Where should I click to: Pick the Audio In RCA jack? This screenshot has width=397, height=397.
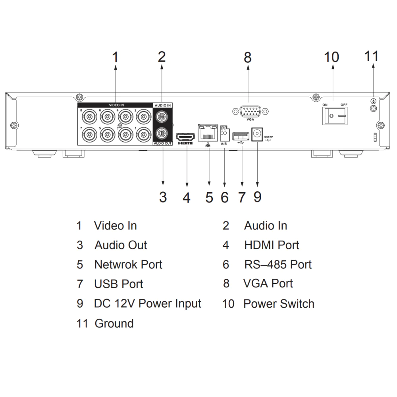tap(162, 117)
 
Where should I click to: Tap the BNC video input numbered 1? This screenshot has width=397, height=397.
tap(143, 136)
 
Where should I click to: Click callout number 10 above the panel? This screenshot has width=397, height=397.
tap(331, 57)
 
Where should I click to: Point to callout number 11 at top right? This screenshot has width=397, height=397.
tap(372, 56)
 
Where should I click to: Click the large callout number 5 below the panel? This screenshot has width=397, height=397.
tap(209, 197)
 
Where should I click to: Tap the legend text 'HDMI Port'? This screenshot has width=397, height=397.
tap(272, 245)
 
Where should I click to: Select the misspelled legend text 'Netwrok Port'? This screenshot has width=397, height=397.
tap(128, 264)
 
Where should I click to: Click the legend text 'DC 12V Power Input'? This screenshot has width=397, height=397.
tap(147, 304)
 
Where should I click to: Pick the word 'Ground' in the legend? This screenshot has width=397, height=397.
tap(114, 324)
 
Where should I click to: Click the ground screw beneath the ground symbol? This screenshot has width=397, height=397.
tap(373, 109)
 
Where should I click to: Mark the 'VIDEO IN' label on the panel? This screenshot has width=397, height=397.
tap(116, 105)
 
